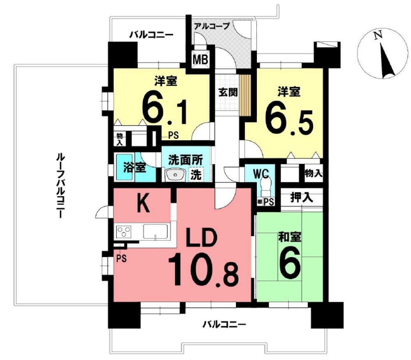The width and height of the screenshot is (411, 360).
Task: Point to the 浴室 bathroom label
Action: click(134, 168)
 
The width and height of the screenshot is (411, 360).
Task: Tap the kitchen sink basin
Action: click(155, 231)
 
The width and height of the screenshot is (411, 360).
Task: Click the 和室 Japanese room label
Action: click(290, 237)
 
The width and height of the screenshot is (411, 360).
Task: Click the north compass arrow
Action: click(387, 62)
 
